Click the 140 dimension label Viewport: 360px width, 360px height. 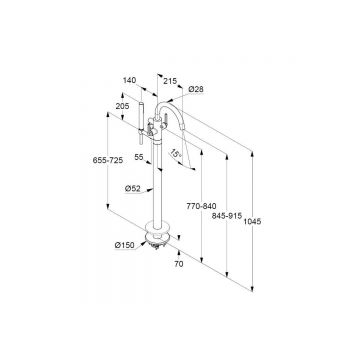[129, 80]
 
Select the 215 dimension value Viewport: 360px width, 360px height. [170, 81]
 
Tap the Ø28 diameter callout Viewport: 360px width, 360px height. [196, 89]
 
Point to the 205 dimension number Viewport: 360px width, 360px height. [122, 106]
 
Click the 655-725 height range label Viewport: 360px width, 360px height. [108, 160]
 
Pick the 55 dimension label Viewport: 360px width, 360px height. [139, 157]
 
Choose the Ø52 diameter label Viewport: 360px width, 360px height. [132, 189]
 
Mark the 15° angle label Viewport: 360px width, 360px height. [176, 154]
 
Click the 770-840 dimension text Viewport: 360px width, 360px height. [202, 206]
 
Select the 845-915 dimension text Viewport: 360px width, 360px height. [227, 216]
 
